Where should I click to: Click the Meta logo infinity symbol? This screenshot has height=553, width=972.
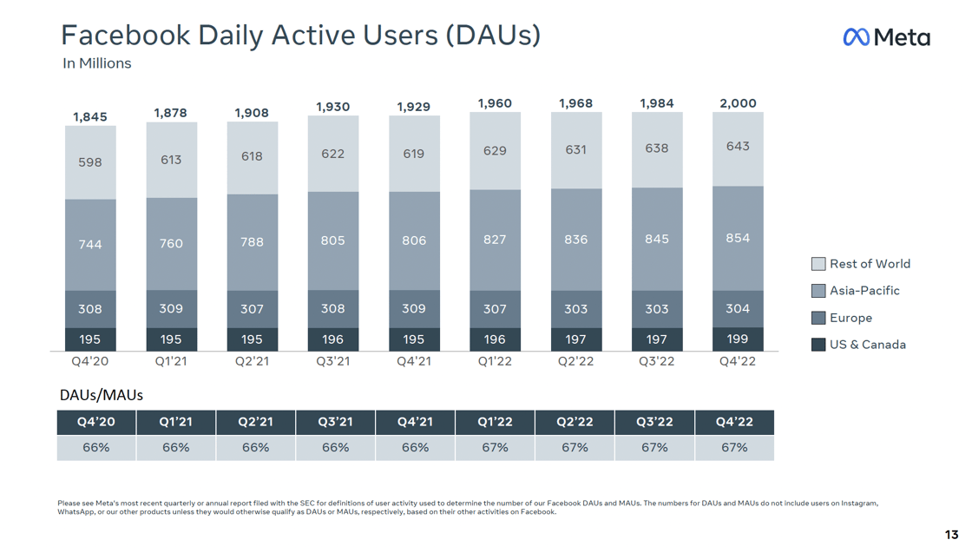point(857,36)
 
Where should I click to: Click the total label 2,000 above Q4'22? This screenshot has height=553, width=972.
point(738,103)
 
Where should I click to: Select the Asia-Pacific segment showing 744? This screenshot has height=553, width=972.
point(90,245)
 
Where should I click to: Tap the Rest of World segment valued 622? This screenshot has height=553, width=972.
point(333,154)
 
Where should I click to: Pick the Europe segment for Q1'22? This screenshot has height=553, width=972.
point(495,308)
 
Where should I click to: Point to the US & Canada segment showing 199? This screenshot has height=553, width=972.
point(738,339)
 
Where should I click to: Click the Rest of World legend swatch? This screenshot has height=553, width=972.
point(818,264)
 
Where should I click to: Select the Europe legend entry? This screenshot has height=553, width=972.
point(850,318)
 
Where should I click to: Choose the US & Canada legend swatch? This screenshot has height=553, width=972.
point(818,345)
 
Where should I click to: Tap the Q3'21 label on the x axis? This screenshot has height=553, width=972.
point(333,361)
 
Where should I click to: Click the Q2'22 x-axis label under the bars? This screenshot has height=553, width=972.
point(575,361)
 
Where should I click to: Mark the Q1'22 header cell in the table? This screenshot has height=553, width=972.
point(495,422)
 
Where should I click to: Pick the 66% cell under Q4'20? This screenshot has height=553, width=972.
point(96,448)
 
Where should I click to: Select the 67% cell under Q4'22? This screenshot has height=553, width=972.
point(734,448)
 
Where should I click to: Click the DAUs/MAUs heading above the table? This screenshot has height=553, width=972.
point(101,395)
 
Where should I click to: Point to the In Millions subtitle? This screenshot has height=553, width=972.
point(97,63)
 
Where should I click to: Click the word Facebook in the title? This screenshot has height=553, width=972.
point(126,35)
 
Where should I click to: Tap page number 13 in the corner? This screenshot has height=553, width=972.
point(951,534)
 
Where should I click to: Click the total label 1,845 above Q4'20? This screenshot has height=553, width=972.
point(90,117)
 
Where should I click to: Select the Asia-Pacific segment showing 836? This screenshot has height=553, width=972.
point(575,240)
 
